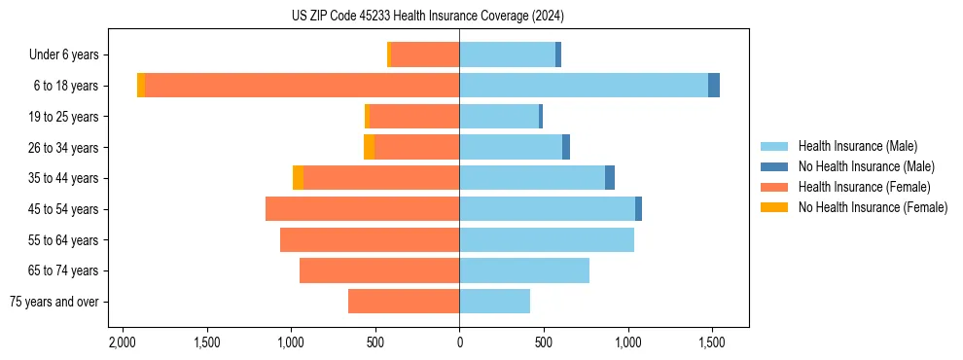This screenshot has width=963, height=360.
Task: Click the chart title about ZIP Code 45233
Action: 427,17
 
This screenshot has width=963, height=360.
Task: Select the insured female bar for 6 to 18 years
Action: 302,86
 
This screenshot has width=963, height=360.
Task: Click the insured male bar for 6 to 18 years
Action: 584,86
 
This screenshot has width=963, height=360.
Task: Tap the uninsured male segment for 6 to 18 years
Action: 714,86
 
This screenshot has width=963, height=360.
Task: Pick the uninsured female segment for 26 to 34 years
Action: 370,147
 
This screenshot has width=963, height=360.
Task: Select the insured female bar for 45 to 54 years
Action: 362,209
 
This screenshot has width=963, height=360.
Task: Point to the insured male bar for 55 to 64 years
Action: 547,239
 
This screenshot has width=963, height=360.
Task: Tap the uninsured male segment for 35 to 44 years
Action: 610,178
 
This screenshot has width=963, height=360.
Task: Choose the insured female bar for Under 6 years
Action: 425,54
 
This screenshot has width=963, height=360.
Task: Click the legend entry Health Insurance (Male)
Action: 856,146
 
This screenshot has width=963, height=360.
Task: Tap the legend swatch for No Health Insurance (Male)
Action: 774,166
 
